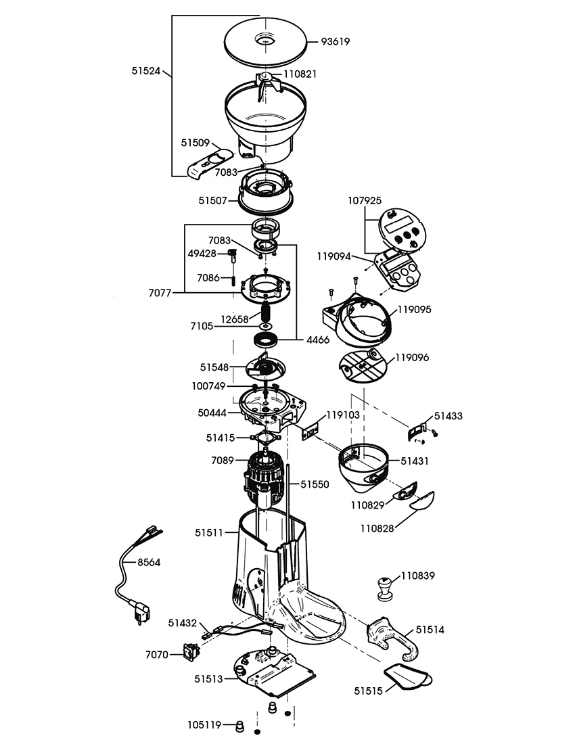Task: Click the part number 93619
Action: pyautogui.click(x=335, y=41)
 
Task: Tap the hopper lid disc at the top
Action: pyautogui.click(x=265, y=42)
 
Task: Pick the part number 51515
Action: pyautogui.click(x=367, y=691)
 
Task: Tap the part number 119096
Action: pyautogui.click(x=414, y=356)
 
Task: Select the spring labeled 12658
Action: pyautogui.click(x=266, y=313)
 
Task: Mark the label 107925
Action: pyautogui.click(x=365, y=200)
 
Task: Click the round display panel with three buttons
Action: pyautogui.click(x=404, y=231)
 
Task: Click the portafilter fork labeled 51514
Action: pyautogui.click(x=392, y=638)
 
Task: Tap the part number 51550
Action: pyautogui.click(x=315, y=484)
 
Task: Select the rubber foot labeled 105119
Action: pyautogui.click(x=239, y=728)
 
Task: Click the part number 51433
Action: pyautogui.click(x=448, y=416)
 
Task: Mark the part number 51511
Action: pyautogui.click(x=210, y=532)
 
